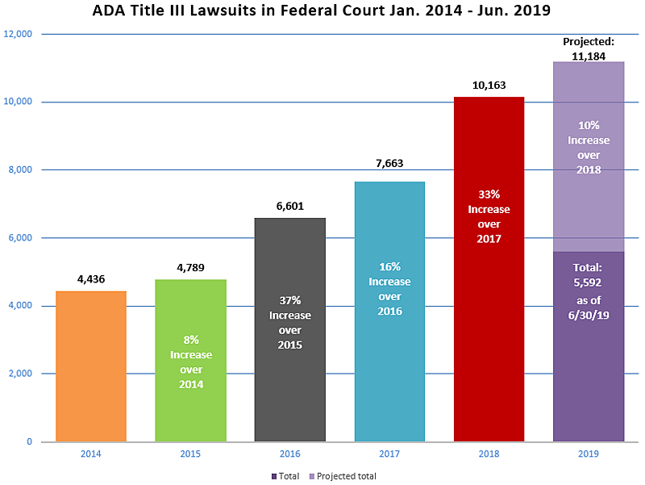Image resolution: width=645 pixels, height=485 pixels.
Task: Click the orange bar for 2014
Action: pyautogui.click(x=91, y=366)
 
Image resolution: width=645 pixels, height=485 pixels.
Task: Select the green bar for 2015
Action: pyautogui.click(x=190, y=361)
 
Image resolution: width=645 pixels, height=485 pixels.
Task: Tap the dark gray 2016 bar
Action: pyautogui.click(x=290, y=330)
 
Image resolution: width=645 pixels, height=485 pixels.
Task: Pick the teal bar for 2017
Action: pyautogui.click(x=389, y=311)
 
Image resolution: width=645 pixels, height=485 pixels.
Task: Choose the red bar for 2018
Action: pyautogui.click(x=489, y=270)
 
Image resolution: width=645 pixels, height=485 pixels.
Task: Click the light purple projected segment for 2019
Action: pyautogui.click(x=589, y=157)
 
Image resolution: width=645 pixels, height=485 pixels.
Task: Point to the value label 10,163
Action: pyautogui.click(x=489, y=86)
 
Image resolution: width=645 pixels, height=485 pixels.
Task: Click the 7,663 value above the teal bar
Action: pyautogui.click(x=389, y=164)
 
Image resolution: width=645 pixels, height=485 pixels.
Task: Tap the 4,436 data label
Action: pyautogui.click(x=91, y=279)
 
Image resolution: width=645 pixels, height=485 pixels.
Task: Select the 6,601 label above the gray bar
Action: pyautogui.click(x=290, y=206)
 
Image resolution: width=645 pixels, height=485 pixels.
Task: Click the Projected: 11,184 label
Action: pyautogui.click(x=589, y=49)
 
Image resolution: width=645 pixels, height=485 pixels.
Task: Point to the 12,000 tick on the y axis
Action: pyautogui.click(x=18, y=34)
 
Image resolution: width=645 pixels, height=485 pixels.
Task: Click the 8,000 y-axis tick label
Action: pyautogui.click(x=20, y=169)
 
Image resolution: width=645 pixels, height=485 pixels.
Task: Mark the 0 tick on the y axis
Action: pyautogui.click(x=29, y=441)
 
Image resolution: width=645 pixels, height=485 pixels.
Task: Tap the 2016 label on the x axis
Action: pyautogui.click(x=290, y=454)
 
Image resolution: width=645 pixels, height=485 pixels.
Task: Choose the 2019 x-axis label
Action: pyautogui.click(x=589, y=454)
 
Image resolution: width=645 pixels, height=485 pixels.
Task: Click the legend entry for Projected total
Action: pyautogui.click(x=343, y=476)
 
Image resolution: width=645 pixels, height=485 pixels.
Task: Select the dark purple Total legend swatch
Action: pyautogui.click(x=273, y=476)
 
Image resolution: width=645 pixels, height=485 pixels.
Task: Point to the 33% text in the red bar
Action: pyautogui.click(x=489, y=194)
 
